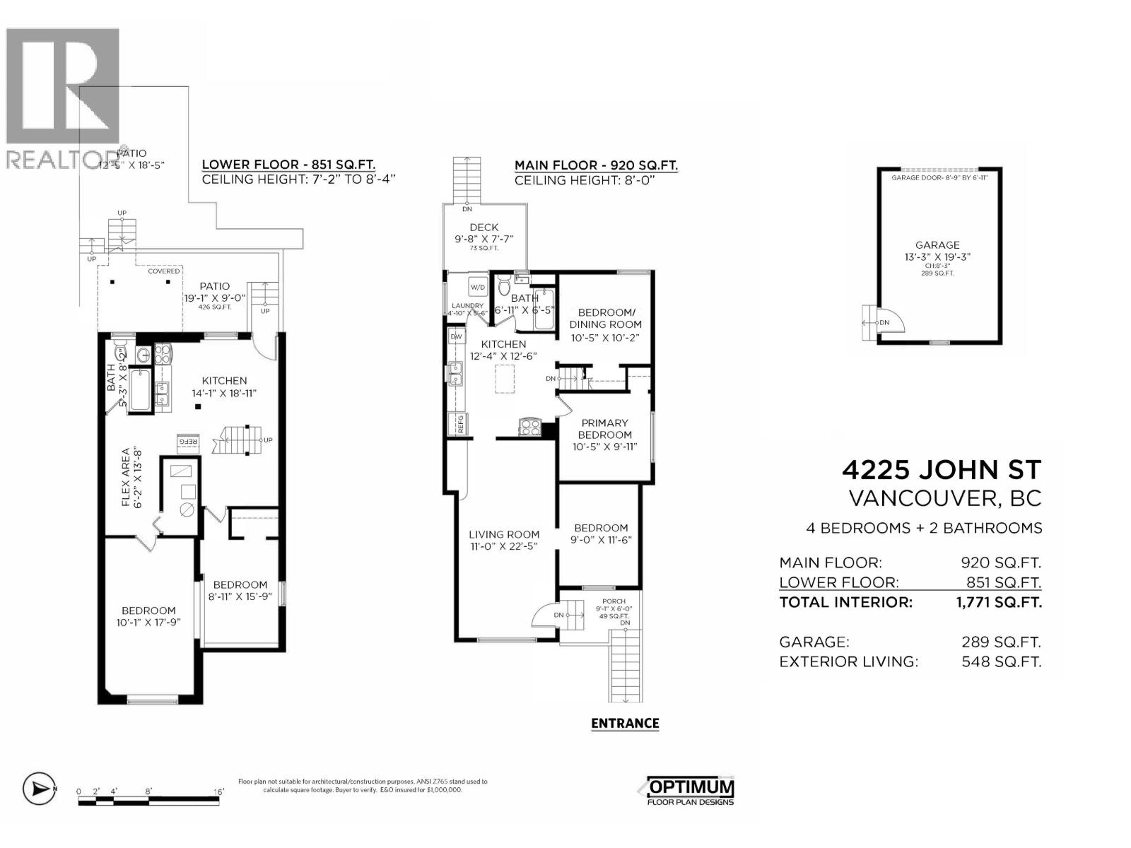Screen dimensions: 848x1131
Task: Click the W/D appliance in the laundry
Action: (477, 288)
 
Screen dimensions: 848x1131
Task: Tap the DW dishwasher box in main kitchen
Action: (457, 337)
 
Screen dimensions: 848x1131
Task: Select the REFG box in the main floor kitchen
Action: (460, 423)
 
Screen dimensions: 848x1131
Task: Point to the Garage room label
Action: (938, 245)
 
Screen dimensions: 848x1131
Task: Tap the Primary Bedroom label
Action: (604, 429)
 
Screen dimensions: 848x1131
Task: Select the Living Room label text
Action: (504, 535)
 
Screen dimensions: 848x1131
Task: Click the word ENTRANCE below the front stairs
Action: (625, 723)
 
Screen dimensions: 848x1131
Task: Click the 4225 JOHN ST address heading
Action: (942, 470)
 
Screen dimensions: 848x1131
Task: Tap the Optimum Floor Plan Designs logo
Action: (688, 791)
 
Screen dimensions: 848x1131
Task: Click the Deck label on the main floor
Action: (484, 227)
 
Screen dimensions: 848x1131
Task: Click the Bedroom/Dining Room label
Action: (605, 318)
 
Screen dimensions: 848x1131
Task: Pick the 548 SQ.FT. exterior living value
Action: (1001, 661)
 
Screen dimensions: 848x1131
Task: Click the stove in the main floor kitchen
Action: (529, 426)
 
